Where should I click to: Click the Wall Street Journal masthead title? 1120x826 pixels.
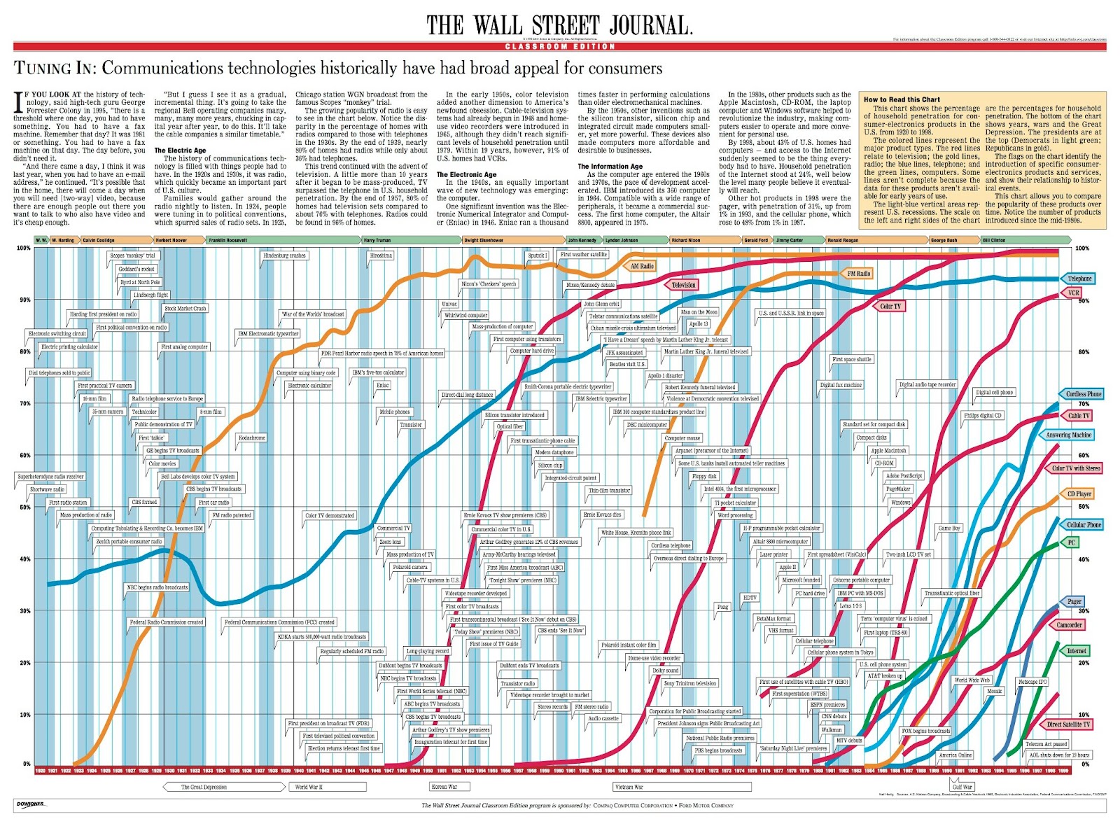coord(559,26)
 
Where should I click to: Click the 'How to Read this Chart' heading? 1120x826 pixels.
coord(901,99)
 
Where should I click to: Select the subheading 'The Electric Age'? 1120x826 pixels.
coord(180,150)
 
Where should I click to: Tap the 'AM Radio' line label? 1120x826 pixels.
coord(641,266)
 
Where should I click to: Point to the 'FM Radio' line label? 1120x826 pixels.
coord(858,274)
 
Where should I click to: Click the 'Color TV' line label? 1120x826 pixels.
coord(890,306)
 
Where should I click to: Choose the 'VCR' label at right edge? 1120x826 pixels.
coord(1073,293)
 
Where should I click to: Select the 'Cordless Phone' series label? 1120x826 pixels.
coord(1083,394)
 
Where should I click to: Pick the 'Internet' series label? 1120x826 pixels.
coord(1076,651)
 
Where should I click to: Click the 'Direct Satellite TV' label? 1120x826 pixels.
coord(1068,724)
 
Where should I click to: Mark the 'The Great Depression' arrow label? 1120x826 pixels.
coord(204,787)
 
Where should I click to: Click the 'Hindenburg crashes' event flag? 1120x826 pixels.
coord(284,255)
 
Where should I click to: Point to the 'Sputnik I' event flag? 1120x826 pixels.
coord(538,255)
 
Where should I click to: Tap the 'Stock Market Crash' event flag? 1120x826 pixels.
coord(185,308)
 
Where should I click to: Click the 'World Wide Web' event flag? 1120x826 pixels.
coord(972,680)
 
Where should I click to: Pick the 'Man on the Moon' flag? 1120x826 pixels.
coord(699,312)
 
